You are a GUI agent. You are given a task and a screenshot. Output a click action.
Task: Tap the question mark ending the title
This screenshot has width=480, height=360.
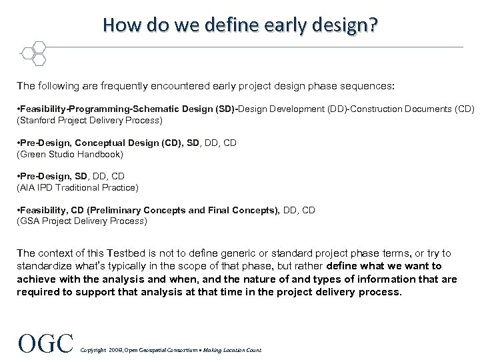[x=371, y=25]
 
